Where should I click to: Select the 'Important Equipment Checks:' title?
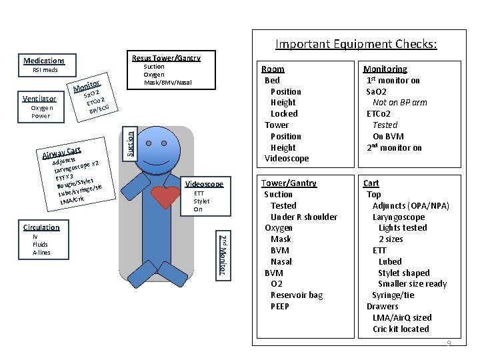click(356, 45)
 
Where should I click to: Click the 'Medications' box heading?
click(45, 61)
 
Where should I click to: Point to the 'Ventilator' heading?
click(39, 99)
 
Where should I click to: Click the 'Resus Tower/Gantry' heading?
click(166, 58)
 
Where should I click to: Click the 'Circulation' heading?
click(41, 227)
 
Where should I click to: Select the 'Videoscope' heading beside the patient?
click(203, 184)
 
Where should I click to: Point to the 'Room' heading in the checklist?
click(273, 69)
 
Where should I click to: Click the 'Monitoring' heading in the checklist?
click(385, 69)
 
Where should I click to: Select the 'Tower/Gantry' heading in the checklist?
click(289, 183)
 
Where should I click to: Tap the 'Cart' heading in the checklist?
click(371, 183)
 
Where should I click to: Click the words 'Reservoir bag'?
click(297, 295)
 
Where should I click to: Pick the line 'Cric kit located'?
click(401, 329)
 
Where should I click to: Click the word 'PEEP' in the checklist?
click(280, 307)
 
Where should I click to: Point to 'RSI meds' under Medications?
click(45, 71)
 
